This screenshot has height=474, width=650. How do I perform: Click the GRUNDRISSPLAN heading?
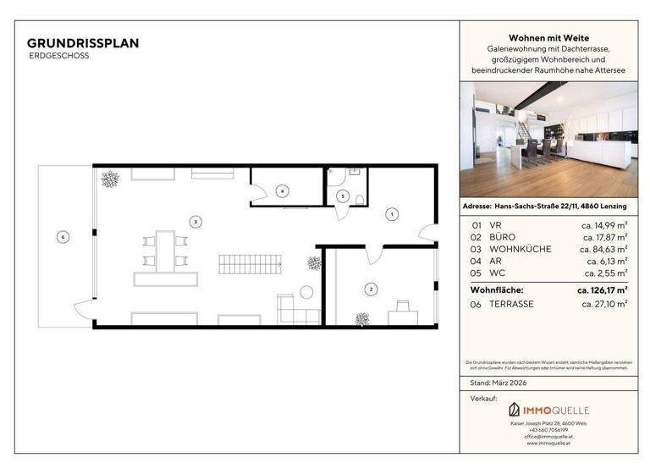[x=83, y=42]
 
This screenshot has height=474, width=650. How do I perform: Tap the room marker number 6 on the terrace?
[x=62, y=237]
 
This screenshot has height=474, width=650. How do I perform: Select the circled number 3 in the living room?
[x=196, y=222]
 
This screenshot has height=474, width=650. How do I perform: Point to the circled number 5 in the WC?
[x=342, y=196]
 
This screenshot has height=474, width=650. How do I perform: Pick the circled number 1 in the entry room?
[x=391, y=214]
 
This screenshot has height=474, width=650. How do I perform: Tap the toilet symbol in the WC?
[x=361, y=199]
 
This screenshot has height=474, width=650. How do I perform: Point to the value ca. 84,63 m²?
[x=603, y=250]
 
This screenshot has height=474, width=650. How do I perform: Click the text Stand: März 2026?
[x=499, y=383]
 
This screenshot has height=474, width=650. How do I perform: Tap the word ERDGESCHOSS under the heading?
[x=58, y=55]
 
